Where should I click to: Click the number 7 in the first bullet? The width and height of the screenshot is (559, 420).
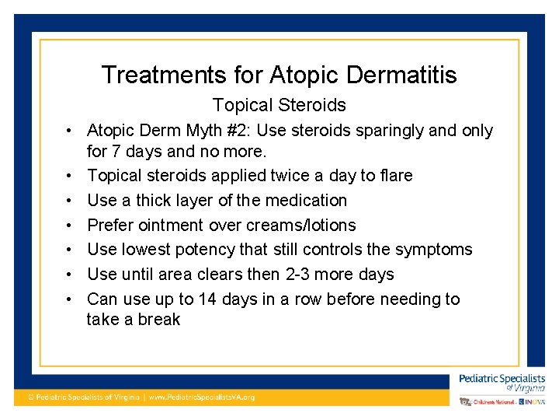pyautogui.click(x=115, y=150)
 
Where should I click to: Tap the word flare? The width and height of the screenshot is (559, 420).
pyautogui.click(x=396, y=175)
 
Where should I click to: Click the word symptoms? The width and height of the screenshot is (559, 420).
pyautogui.click(x=433, y=250)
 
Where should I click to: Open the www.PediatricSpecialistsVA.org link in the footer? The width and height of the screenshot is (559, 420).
pyautogui.click(x=201, y=397)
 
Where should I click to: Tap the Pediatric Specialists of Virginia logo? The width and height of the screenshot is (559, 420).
pyautogui.click(x=502, y=383)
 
